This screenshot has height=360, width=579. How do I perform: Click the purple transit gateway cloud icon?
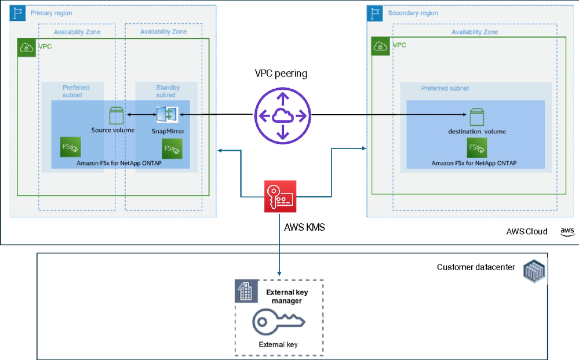283,115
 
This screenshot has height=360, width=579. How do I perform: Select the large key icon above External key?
279,322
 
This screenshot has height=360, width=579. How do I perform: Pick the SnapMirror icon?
167,115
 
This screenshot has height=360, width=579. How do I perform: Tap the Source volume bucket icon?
116,115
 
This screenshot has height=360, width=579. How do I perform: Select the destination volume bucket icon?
476,116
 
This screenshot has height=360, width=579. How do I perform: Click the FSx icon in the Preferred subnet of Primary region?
70,147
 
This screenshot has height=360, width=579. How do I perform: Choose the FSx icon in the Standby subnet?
172,148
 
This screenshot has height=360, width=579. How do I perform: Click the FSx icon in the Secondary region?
476,148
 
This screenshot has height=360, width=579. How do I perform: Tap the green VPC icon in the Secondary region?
381,46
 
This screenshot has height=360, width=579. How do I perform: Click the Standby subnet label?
167,91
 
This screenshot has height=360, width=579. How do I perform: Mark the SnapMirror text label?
168,132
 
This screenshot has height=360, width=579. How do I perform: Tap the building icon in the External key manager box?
245,290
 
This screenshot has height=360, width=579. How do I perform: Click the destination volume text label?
476,132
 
